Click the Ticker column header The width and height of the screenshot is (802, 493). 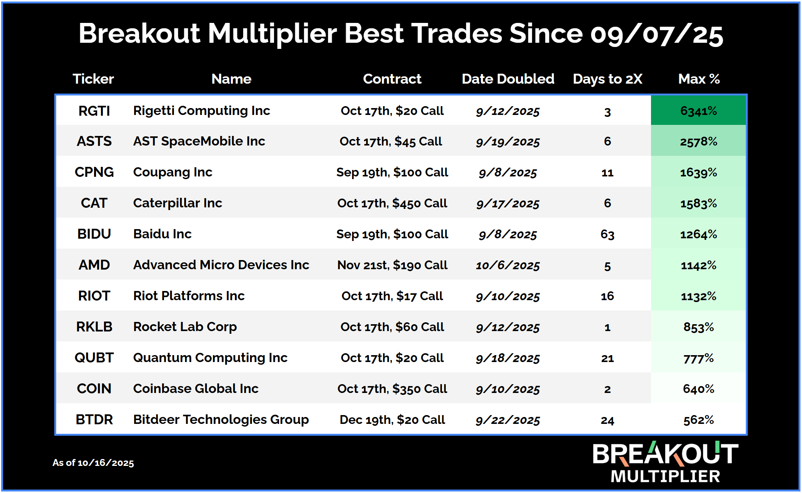point(93,79)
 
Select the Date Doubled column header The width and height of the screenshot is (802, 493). point(508,79)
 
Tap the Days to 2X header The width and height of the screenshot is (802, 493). point(607,79)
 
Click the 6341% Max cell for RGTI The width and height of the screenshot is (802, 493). point(698,111)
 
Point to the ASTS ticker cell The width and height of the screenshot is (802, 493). point(94,141)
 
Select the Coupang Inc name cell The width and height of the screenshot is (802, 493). point(173,172)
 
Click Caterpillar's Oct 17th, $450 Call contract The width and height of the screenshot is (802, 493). point(392,203)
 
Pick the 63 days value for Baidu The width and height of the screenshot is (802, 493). point(607,234)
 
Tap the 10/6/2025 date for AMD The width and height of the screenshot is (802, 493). point(508,265)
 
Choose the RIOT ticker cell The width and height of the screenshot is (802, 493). point(94,296)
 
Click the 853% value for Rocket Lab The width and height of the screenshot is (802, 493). point(698,327)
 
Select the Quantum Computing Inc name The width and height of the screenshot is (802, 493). point(210,358)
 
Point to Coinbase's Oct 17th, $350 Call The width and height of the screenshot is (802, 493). point(392,389)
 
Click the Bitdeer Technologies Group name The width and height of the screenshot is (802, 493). point(221,420)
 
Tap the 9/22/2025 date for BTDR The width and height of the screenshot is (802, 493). point(508,420)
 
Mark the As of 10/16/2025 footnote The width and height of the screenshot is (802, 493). point(93,463)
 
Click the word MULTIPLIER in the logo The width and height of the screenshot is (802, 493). point(665,476)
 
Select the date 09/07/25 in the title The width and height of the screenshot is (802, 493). point(656,34)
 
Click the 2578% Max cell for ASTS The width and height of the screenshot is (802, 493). point(698,142)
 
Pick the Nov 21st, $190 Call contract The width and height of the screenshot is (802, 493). point(392,265)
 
